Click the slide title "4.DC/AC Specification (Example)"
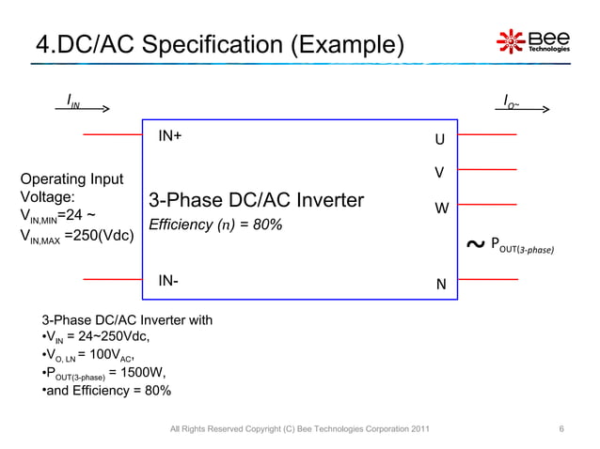pos(218,44)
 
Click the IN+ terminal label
pos(170,136)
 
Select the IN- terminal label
pos(168,281)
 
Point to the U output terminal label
pos(438,140)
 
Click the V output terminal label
pos(438,174)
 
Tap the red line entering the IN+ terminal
pos(112,135)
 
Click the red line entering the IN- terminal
pos(112,279)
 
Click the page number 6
pos(561,430)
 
